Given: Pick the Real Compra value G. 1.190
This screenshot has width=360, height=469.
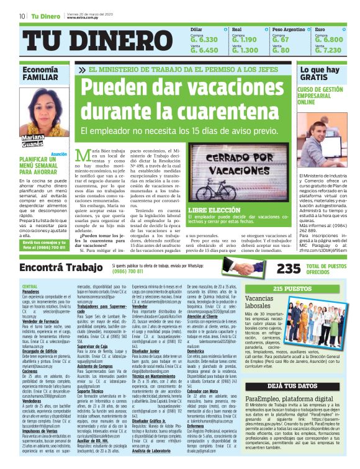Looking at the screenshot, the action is coord(245,40).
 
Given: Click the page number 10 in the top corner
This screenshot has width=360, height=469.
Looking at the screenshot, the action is coord(22,16).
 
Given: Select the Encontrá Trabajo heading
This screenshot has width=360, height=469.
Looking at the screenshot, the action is coord(58,267).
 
